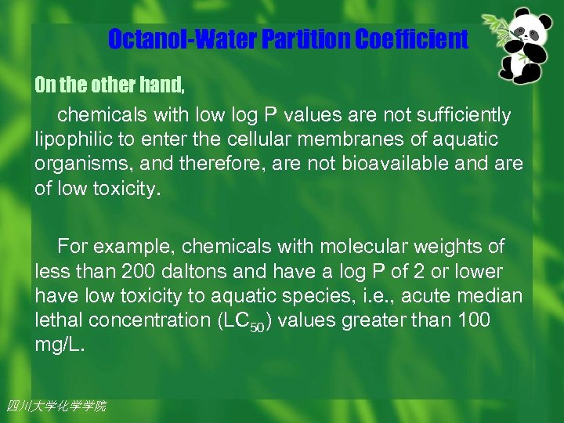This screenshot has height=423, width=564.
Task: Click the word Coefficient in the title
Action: coord(411,38)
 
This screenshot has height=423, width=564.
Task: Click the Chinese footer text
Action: coord(56,406)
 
